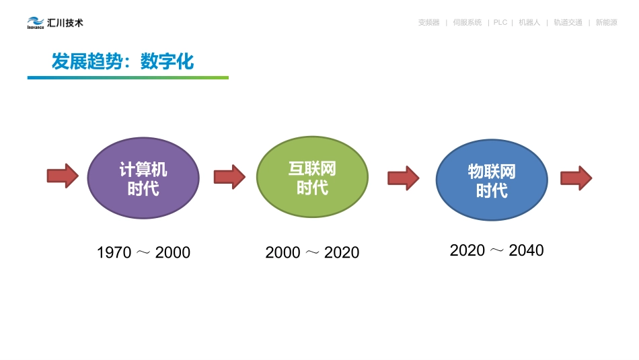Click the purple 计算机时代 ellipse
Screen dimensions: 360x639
(143, 178)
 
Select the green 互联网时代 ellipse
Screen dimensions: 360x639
(312, 177)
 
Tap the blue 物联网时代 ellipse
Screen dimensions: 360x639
(492, 180)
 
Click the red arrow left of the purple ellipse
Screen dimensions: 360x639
(63, 176)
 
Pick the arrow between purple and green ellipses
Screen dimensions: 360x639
(229, 177)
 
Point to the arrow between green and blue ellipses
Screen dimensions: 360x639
(403, 178)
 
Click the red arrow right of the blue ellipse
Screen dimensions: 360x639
(576, 178)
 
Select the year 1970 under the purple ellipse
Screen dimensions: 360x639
(114, 253)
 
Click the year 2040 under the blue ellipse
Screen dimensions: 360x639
(526, 251)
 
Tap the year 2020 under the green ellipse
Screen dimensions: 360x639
(342, 253)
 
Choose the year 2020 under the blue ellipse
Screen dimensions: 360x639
(467, 251)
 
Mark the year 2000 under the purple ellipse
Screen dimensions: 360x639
(173, 253)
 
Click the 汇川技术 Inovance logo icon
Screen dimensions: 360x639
(36, 24)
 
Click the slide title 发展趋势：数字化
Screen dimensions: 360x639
(122, 62)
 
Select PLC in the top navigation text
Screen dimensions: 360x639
(500, 23)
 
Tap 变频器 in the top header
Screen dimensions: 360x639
(428, 23)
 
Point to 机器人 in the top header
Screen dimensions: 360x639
(529, 23)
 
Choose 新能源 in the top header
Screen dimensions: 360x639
(606, 23)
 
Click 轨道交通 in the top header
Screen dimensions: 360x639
(568, 23)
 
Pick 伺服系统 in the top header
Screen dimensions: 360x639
(467, 23)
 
